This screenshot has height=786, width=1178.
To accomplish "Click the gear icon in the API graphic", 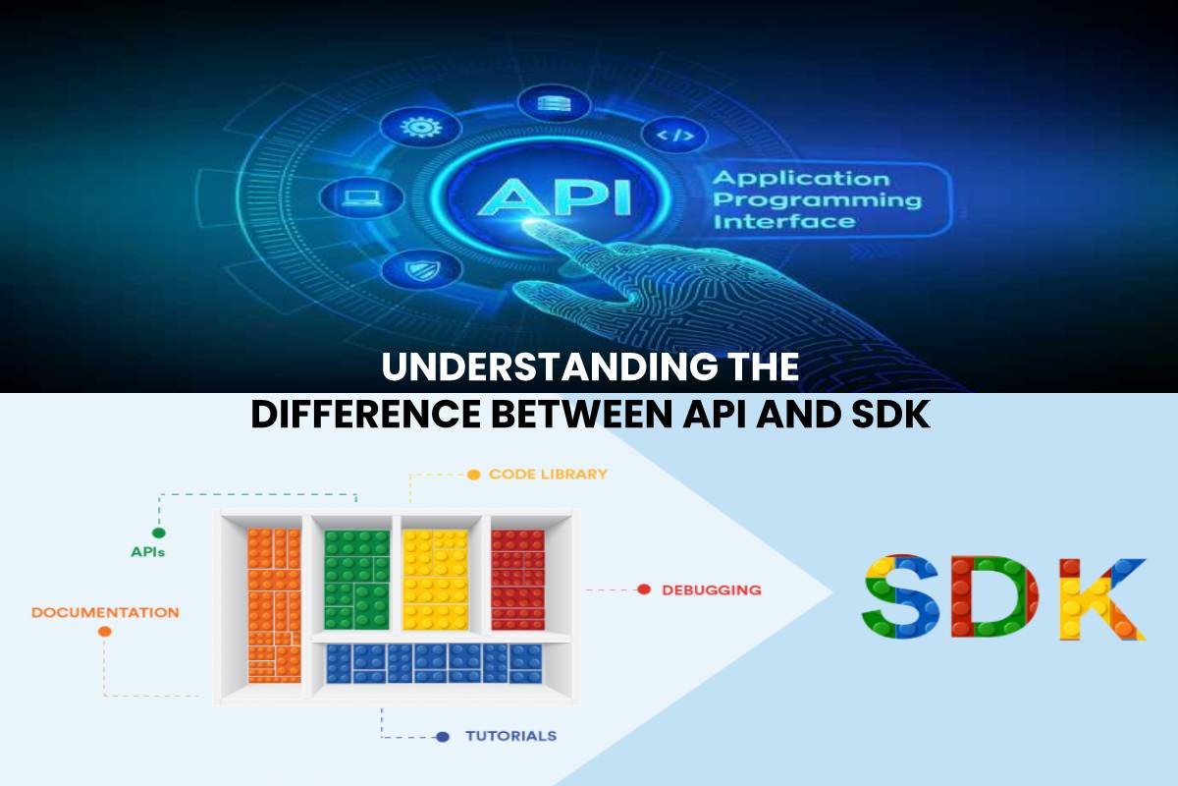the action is coord(420,128).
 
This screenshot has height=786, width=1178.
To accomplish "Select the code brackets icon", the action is coord(675,136).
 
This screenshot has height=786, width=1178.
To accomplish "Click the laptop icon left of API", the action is coord(361,197).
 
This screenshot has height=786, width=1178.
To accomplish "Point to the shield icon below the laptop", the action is coord(421,269).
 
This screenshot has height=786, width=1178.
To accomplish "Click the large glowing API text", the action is coord(553,197).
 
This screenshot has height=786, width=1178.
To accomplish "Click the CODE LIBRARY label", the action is coord(548,475).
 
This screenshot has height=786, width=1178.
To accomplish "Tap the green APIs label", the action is coord(148,552).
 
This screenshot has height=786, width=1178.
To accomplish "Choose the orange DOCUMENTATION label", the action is coord(105,613).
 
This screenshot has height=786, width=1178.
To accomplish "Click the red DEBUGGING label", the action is coord(712,590).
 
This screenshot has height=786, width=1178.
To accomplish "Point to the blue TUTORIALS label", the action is coord(510,736).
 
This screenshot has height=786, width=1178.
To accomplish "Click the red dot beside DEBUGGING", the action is coord(644,589).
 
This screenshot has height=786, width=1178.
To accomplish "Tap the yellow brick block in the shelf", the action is coord(436,579).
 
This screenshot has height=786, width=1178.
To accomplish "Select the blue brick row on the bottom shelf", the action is coord(434,663).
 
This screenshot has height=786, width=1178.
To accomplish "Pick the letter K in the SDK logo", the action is coord(1102,598).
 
